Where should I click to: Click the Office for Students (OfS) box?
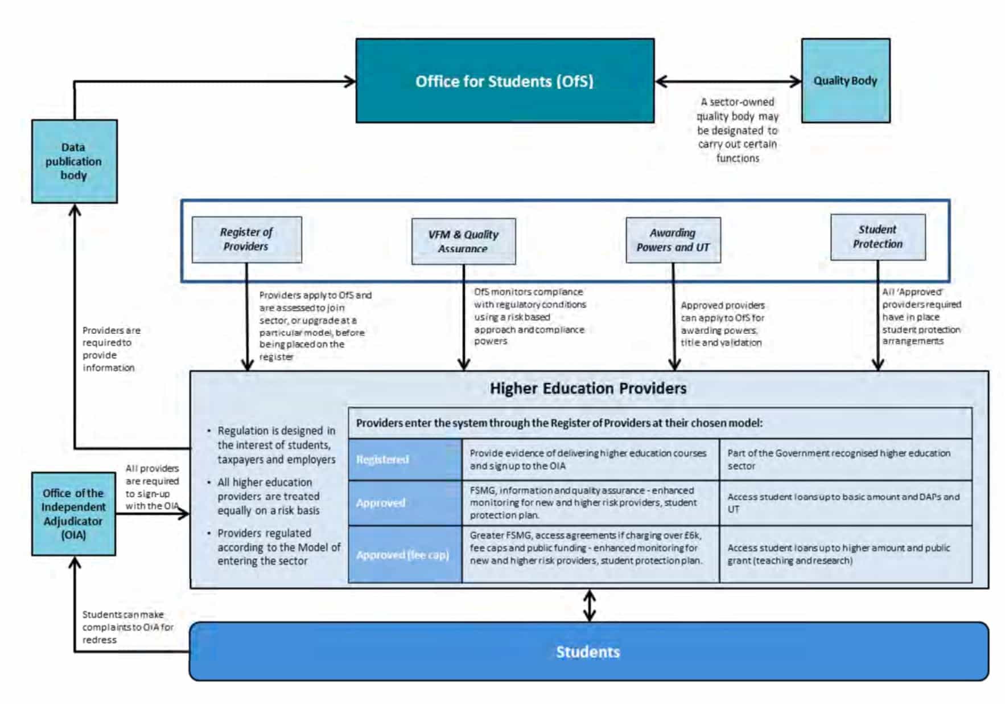click(505, 81)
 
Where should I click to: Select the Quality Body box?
click(845, 81)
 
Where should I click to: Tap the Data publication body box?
click(74, 161)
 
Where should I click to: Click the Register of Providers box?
click(246, 239)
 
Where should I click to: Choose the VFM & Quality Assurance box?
click(463, 241)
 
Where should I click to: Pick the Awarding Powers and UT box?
click(673, 240)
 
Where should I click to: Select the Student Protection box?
click(878, 237)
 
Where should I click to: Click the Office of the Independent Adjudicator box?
click(73, 514)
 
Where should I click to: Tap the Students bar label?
click(588, 652)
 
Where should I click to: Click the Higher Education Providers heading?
click(588, 388)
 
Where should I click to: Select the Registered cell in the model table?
click(405, 460)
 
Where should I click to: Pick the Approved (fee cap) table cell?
click(405, 555)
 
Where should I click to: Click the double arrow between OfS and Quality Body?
click(728, 81)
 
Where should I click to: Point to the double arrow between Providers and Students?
click(590, 605)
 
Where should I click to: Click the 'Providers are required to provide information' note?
click(111, 349)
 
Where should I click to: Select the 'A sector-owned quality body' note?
click(738, 130)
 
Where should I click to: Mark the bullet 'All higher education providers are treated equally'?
click(269, 497)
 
